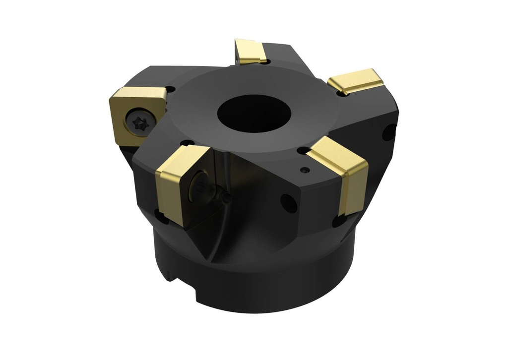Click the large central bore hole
pyautogui.click(x=246, y=113)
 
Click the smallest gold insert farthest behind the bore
pyautogui.click(x=249, y=52)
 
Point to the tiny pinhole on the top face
pyautogui.click(x=305, y=170)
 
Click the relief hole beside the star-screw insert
pyautogui.click(x=170, y=90)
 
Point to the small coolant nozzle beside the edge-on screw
pyautogui.click(x=226, y=198)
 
